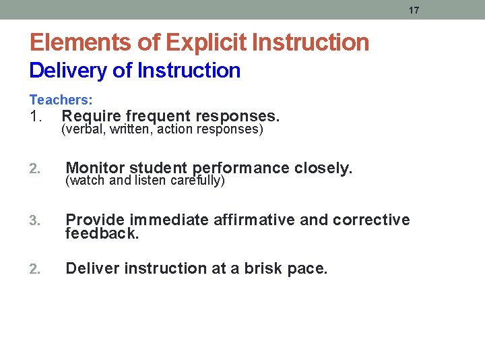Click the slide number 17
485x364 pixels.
[x=414, y=10]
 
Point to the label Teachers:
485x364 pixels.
[x=61, y=100]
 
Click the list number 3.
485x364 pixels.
[x=36, y=220]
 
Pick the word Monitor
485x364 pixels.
[x=95, y=167]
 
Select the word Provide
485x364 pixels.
[x=95, y=220]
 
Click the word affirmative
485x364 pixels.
[x=253, y=220]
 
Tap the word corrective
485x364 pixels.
[x=371, y=220]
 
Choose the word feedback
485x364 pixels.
[x=102, y=233]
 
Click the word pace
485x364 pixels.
[x=307, y=269]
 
